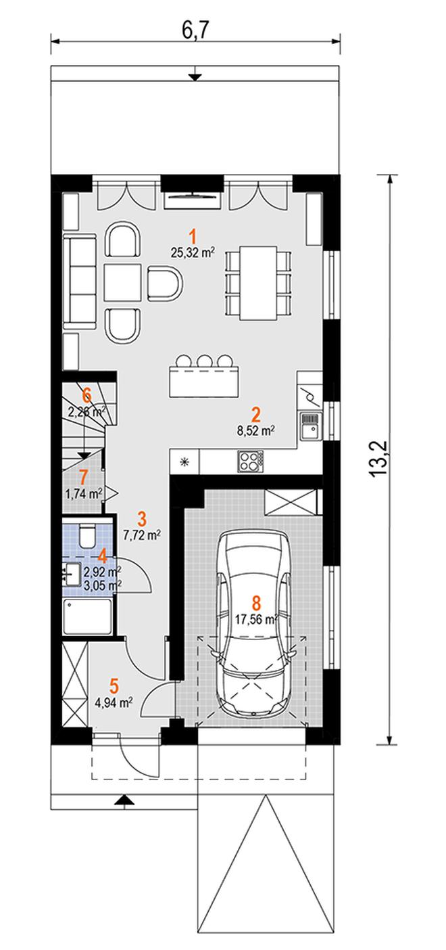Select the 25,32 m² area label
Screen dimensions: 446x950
tap(192, 254)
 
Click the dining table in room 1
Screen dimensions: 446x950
tap(258, 283)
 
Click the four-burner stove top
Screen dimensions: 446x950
tap(250, 461)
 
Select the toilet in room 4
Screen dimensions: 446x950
tap(88, 536)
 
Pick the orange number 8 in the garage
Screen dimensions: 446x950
tap(256, 603)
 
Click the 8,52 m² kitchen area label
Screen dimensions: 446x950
tap(256, 431)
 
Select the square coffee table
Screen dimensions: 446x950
tap(123, 282)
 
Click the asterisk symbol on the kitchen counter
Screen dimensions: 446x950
tap(184, 462)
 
